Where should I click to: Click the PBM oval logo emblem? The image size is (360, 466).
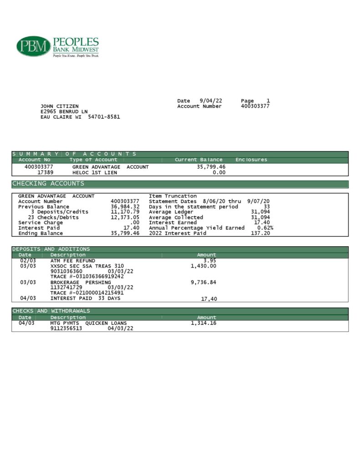click(33, 46)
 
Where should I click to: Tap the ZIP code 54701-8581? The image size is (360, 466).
click(104, 117)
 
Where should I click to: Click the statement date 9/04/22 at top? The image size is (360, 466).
click(211, 101)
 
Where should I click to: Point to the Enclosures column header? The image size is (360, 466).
click(251, 160)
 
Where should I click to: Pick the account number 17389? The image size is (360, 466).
click(45, 172)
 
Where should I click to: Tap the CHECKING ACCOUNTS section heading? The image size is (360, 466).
click(48, 184)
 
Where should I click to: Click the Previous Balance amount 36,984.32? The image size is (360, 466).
click(125, 207)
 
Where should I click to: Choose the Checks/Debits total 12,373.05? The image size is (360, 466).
click(125, 218)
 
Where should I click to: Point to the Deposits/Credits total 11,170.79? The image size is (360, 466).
click(125, 212)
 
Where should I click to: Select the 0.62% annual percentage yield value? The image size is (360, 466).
click(265, 228)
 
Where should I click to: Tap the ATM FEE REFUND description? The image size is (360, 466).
click(73, 261)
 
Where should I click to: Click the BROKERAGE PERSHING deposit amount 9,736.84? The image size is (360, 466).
click(203, 282)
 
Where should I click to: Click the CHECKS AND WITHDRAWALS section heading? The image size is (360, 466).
click(51, 311)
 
